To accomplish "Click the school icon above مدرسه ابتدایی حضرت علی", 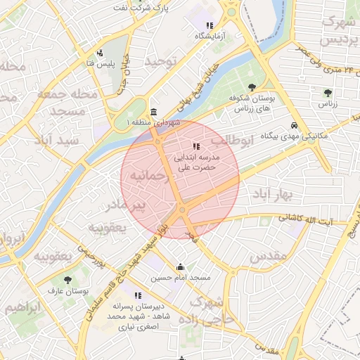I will coord(195,146).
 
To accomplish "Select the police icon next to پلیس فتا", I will coord(101,52).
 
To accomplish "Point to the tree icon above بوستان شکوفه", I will coord(252,86).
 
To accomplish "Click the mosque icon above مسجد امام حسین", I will coord(181,266).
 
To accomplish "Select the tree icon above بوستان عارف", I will coord(68,279).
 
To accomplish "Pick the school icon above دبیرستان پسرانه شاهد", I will coord(138,295).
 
